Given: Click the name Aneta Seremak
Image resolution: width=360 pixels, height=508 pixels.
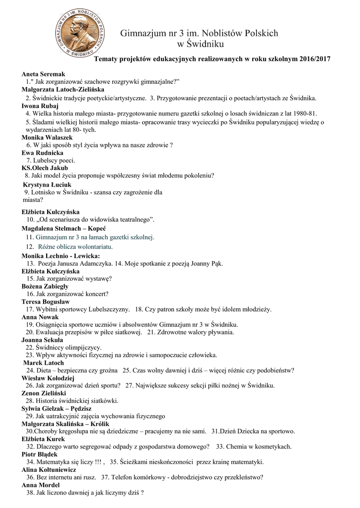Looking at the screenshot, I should (44, 74).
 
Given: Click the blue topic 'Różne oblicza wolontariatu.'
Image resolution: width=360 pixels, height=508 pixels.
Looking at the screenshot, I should (75, 246).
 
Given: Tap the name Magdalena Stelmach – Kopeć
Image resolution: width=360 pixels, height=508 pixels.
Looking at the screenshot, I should (65, 228).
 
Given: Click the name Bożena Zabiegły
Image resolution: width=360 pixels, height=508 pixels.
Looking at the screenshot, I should (45, 286).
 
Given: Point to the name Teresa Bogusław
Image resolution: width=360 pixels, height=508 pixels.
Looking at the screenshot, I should (46, 302).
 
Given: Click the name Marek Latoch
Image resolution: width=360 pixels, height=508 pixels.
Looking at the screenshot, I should (45, 363).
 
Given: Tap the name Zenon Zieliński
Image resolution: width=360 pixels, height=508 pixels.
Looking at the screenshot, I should (44, 393).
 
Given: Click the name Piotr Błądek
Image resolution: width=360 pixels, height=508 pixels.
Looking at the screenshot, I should (40, 454).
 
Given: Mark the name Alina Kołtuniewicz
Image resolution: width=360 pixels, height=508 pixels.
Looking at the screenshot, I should (49, 469).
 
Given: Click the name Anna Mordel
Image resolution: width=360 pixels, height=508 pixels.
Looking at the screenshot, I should (41, 485).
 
